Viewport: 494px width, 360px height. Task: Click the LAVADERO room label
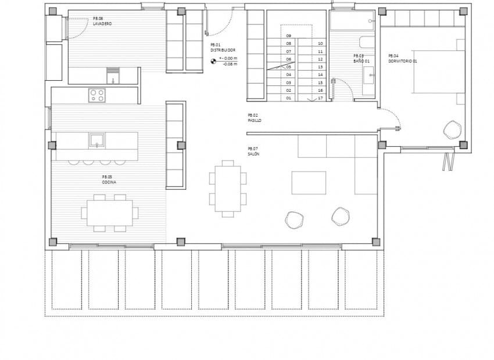coord(102,24)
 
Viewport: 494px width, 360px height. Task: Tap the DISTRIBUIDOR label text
coord(223,51)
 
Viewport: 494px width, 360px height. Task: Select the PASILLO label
coord(254,121)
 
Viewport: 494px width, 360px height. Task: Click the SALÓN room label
coord(253,154)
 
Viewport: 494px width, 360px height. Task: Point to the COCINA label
coord(109,182)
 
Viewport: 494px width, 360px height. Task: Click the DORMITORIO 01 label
coord(403,61)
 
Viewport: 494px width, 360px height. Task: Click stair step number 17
coord(320,98)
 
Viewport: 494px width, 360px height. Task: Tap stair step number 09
coord(288,36)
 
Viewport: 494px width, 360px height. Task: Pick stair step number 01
coord(288,98)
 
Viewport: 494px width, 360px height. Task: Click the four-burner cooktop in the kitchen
coord(96,95)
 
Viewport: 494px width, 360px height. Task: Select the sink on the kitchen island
coord(96,140)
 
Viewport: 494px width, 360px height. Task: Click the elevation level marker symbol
coord(214,59)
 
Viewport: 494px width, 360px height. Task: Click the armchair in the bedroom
coord(452,129)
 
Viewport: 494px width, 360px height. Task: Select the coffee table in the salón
coord(309,182)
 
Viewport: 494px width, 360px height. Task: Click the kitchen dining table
coord(109,213)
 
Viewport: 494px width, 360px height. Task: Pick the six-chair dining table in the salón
coord(227,189)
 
